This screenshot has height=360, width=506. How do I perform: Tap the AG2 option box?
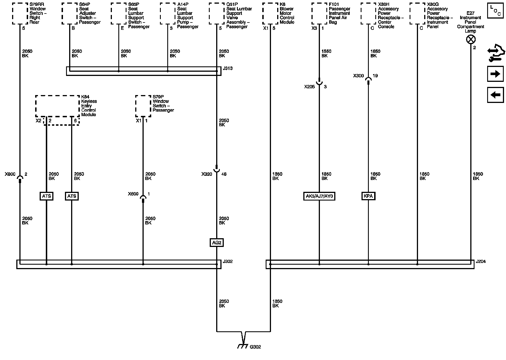point(216,242)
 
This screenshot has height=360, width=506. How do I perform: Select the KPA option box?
point(368,196)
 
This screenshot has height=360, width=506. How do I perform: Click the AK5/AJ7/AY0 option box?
point(319,196)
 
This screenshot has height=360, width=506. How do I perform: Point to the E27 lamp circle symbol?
point(471,40)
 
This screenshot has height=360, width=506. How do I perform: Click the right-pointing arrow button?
point(495,74)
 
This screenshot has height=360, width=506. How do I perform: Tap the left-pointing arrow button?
point(495,95)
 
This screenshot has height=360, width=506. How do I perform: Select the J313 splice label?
point(227,68)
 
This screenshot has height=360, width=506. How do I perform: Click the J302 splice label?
point(227,262)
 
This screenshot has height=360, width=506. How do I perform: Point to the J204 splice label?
point(481,262)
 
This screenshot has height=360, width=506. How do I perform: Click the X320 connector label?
point(207,174)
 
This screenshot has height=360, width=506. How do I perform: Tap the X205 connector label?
point(309,87)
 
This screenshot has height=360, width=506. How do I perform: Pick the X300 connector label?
point(358,76)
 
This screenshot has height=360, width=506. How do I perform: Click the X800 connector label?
point(10,174)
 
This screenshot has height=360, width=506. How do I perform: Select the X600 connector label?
point(133,194)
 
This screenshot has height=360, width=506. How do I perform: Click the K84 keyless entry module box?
point(58,106)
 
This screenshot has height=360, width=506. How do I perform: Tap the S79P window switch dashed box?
point(143,106)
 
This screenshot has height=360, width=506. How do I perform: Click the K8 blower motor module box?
point(270,13)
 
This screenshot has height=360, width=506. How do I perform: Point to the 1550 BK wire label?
point(326,53)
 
